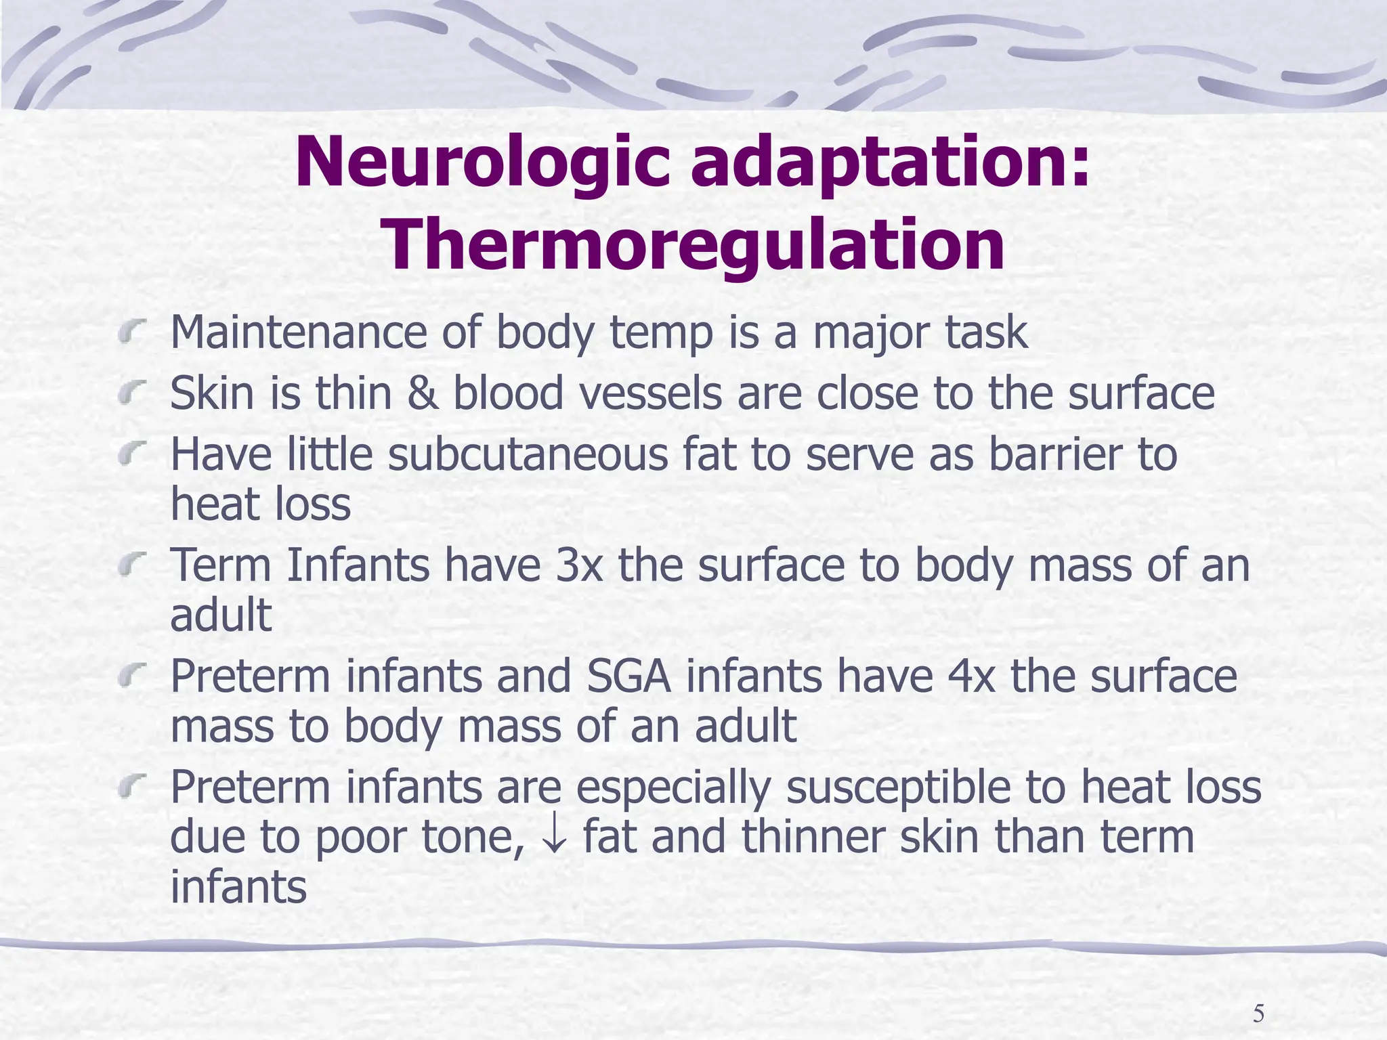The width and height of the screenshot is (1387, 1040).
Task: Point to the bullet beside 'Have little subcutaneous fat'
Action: click(131, 455)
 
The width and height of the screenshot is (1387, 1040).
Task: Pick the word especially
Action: click(674, 787)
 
